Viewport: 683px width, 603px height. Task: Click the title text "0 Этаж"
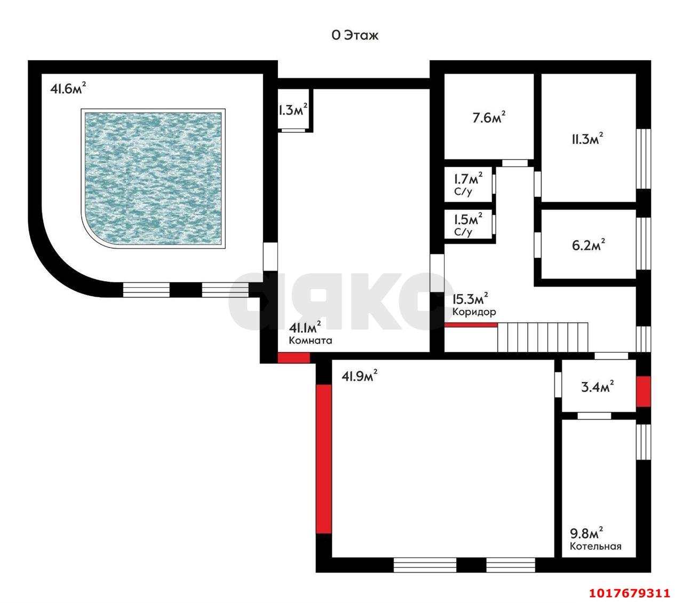pyautogui.click(x=355, y=35)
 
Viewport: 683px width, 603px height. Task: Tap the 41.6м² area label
pyautogui.click(x=68, y=89)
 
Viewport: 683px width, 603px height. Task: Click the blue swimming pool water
pyautogui.click(x=153, y=178)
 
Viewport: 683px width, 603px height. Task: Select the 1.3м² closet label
pyautogui.click(x=292, y=109)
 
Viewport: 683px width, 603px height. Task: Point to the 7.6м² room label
pyautogui.click(x=488, y=117)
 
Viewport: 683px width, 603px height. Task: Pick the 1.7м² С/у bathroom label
pyautogui.click(x=468, y=184)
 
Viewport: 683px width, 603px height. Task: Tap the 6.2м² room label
pyautogui.click(x=588, y=244)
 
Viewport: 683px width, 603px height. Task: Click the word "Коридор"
pyautogui.click(x=474, y=312)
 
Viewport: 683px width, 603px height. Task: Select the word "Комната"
pyautogui.click(x=311, y=340)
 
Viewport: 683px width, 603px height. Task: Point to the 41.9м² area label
pyautogui.click(x=359, y=376)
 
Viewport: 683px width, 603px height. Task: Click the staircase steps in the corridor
pyautogui.click(x=543, y=337)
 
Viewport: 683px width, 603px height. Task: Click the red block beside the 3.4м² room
pyautogui.click(x=643, y=392)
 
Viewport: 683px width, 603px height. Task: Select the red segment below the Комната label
pyautogui.click(x=293, y=358)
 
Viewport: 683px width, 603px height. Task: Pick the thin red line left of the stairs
pyautogui.click(x=471, y=325)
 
